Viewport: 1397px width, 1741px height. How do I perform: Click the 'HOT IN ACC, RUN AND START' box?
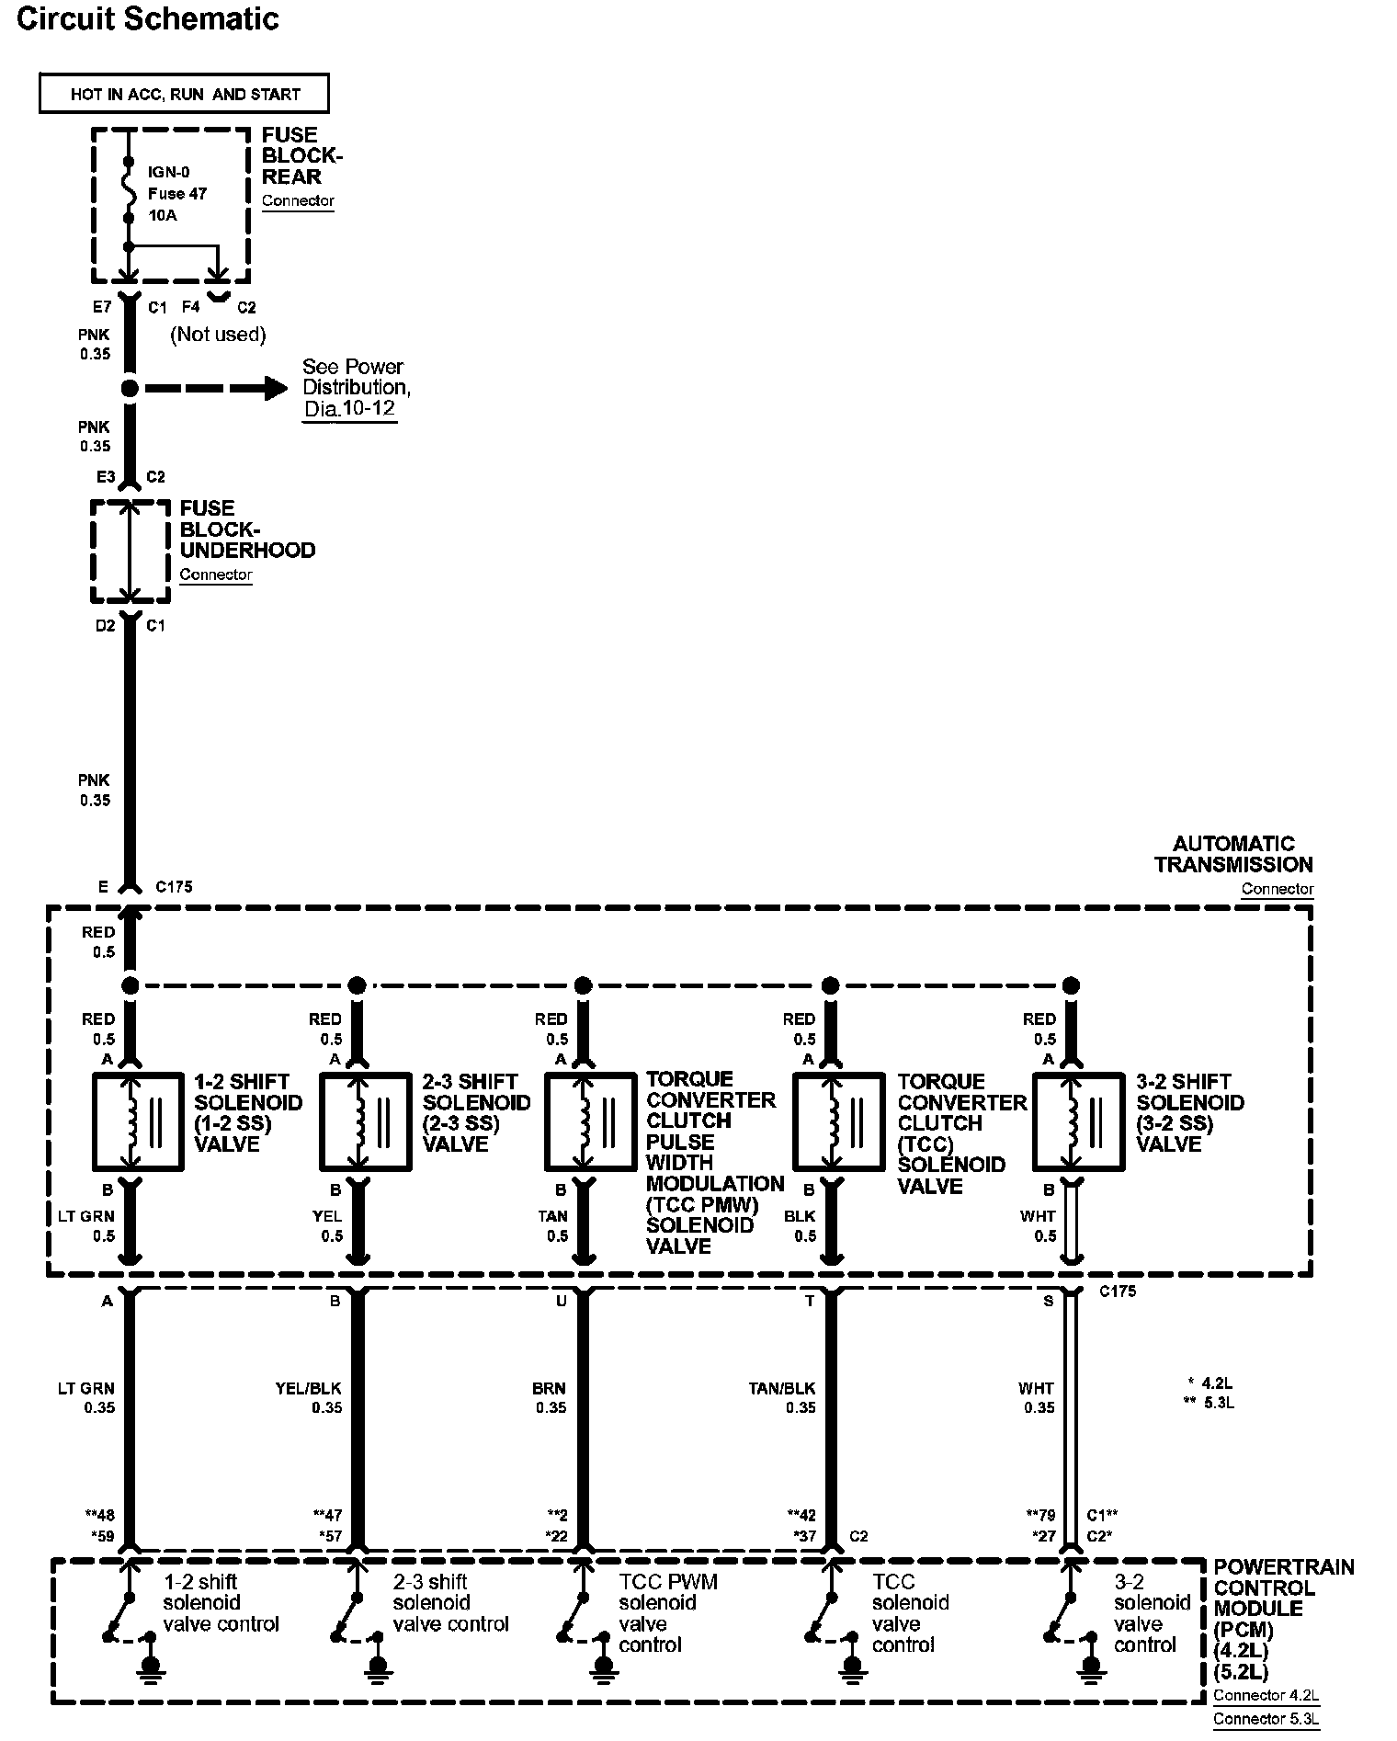[184, 94]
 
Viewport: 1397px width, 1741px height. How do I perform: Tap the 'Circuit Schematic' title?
[148, 19]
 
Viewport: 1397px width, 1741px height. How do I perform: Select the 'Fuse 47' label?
[177, 194]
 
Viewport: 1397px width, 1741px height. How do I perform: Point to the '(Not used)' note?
[218, 335]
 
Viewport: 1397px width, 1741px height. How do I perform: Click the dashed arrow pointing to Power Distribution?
[217, 388]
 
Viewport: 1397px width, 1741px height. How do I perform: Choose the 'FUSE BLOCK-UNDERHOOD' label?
[247, 529]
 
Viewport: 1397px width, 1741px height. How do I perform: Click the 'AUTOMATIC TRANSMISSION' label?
[1233, 854]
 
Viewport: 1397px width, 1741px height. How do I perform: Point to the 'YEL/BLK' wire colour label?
[308, 1388]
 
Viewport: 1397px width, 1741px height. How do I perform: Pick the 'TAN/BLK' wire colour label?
[782, 1388]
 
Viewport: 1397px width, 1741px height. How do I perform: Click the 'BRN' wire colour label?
[549, 1388]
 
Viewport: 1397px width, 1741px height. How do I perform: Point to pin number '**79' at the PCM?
[1041, 1515]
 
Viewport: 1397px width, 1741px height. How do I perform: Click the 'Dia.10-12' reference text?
[350, 409]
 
